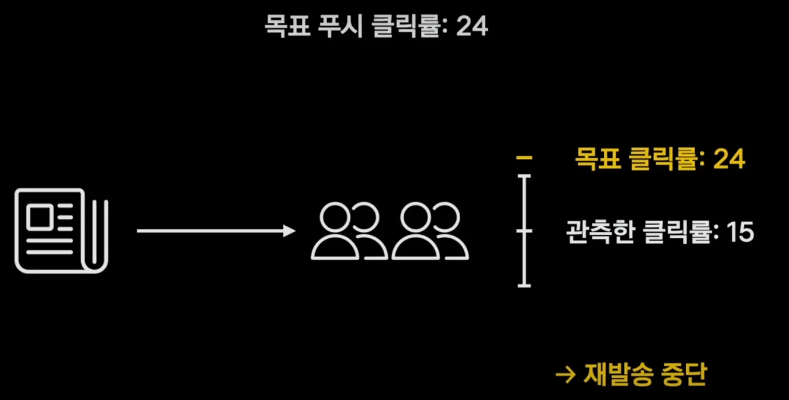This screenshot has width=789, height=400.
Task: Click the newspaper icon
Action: click(62, 230)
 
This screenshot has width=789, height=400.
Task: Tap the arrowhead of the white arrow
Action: click(289, 231)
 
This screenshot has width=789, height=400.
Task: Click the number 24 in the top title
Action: click(472, 25)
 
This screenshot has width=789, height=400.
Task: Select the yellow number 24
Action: click(729, 159)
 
